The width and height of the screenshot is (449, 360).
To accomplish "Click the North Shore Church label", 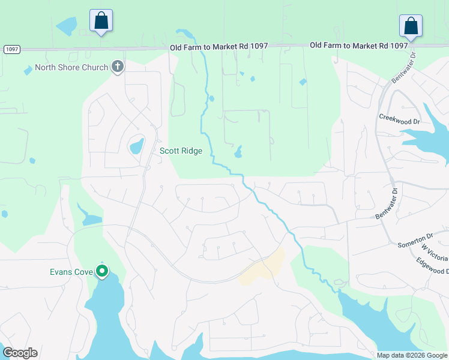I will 71,67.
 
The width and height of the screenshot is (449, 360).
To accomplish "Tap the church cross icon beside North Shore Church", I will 118,67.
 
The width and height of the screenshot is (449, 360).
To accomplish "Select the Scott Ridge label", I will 180,151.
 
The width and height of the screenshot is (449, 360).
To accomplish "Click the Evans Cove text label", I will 71,272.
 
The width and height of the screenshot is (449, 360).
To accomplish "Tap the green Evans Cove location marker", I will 102,272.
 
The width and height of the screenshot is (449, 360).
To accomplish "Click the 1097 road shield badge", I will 11,49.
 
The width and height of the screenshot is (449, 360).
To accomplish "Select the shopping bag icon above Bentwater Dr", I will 411,26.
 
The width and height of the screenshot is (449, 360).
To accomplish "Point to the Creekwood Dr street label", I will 399,121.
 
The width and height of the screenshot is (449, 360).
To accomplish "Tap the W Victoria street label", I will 435,252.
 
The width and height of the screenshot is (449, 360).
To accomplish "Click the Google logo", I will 20,353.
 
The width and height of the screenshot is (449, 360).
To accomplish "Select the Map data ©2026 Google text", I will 412,355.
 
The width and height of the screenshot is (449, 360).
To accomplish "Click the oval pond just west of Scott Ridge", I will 137,146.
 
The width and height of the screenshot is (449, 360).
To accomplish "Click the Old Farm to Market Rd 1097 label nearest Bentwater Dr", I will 359,46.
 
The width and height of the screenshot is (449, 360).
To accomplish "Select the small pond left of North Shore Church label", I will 28,71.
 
